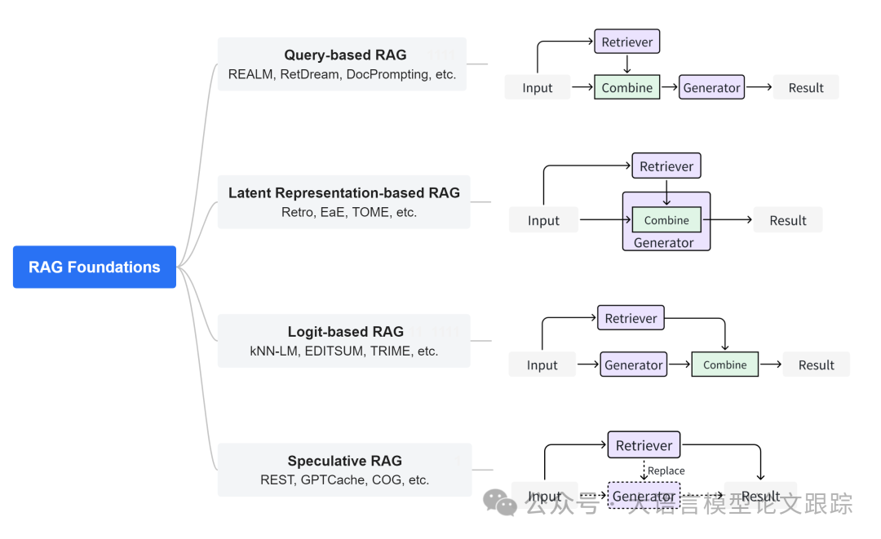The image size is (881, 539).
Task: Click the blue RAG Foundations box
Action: (95, 267)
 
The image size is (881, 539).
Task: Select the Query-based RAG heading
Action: (345, 55)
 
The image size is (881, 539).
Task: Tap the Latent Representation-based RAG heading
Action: (343, 193)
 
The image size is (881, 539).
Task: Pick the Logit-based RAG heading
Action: (345, 332)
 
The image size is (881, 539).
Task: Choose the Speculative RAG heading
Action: (344, 461)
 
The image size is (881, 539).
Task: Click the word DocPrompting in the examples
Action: (387, 74)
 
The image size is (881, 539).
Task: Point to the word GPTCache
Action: (334, 480)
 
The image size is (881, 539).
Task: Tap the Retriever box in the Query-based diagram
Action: (626, 42)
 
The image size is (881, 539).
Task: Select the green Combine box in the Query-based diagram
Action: (626, 87)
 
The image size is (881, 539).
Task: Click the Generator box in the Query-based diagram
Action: (711, 87)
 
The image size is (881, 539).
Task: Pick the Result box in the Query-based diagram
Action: (806, 87)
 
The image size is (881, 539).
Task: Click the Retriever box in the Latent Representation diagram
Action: (666, 166)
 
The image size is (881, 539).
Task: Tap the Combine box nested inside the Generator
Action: (666, 219)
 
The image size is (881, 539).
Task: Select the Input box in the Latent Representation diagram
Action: (543, 220)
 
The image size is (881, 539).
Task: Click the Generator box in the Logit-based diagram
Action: (634, 365)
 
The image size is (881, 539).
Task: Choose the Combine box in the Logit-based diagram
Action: (724, 364)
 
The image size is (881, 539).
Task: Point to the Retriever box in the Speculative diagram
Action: (644, 445)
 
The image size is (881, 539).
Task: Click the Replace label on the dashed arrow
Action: (666, 471)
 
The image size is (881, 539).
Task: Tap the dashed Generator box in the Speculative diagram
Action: (644, 496)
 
